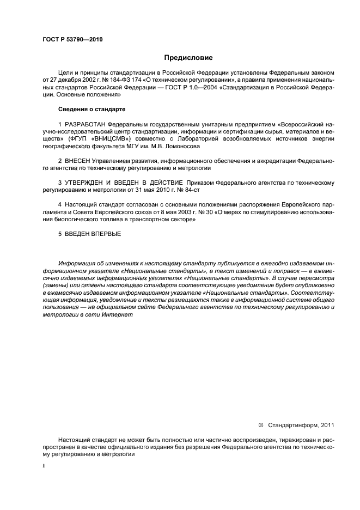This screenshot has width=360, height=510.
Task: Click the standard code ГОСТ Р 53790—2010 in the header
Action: pyautogui.click(x=72, y=40)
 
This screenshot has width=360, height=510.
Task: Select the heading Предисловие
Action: pyautogui.click(x=188, y=58)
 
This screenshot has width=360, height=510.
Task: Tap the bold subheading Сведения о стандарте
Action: pyautogui.click(x=92, y=108)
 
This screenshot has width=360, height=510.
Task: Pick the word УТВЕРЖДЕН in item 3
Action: pyautogui.click(x=87, y=181)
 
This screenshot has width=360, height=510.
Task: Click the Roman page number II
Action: pyautogui.click(x=45, y=467)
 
